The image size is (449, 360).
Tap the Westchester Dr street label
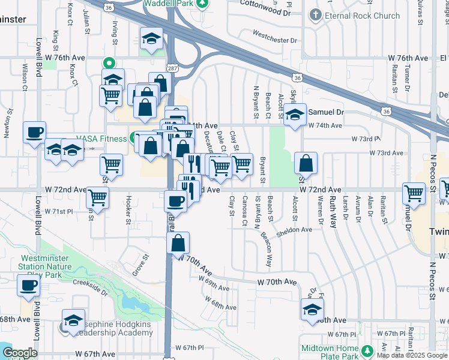click(274, 40)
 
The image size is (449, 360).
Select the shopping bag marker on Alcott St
click(306, 162)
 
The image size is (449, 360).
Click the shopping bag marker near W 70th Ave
click(178, 244)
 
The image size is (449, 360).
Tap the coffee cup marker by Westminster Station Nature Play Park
click(28, 286)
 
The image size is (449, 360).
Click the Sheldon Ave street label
click(294, 229)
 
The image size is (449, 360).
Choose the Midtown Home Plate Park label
click(330, 353)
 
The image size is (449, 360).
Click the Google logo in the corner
click(20, 353)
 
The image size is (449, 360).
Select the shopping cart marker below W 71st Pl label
click(97, 196)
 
